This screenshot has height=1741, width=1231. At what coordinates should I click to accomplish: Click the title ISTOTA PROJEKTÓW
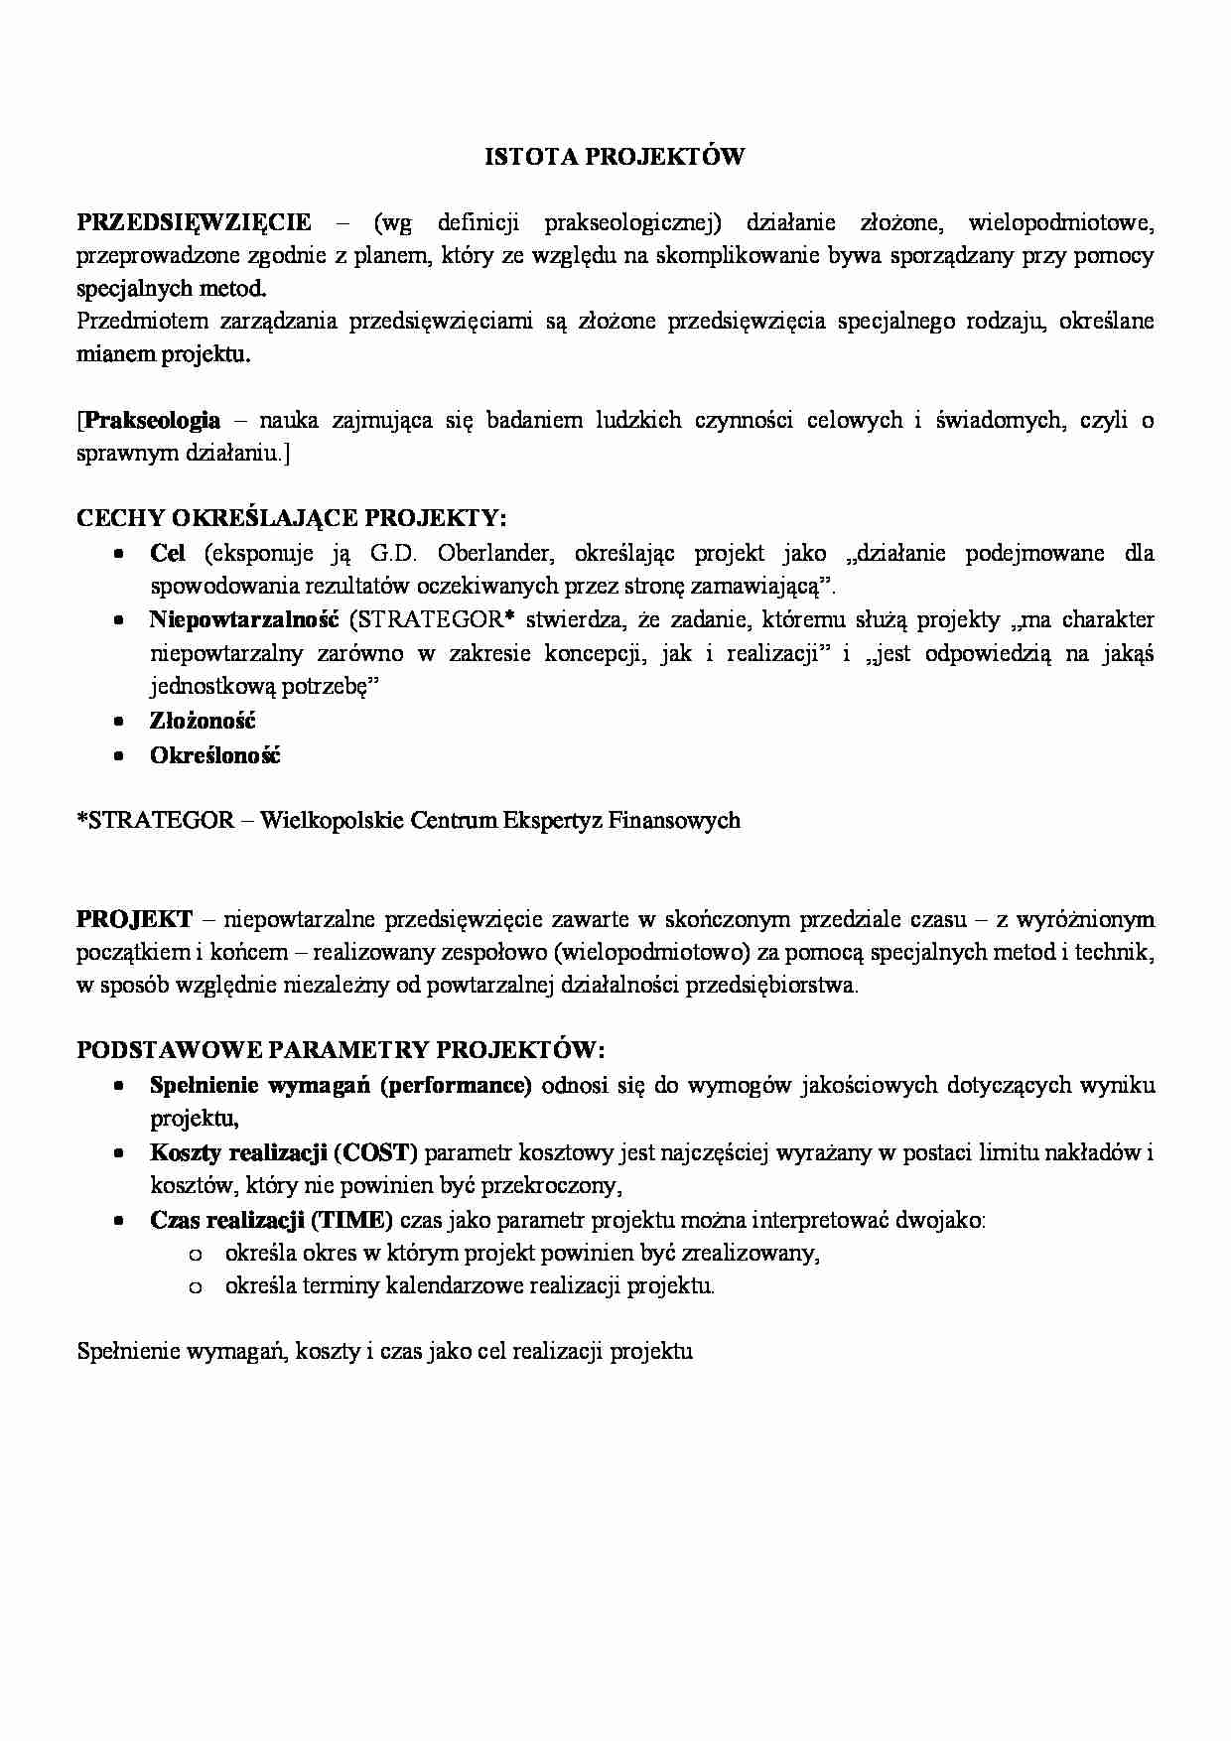[x=615, y=156]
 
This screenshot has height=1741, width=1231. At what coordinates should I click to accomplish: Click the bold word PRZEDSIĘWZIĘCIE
[x=194, y=222]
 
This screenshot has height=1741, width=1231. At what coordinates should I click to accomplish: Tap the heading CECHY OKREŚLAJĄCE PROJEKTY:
[x=292, y=518]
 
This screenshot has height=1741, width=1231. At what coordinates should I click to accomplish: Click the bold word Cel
[x=168, y=553]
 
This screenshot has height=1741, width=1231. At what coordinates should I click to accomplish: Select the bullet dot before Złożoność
[x=119, y=722]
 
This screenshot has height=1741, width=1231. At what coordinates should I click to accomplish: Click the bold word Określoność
[x=214, y=755]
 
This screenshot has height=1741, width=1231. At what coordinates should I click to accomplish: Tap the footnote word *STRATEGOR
[x=156, y=821]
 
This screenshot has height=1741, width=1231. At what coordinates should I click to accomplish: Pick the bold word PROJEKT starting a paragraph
[x=135, y=919]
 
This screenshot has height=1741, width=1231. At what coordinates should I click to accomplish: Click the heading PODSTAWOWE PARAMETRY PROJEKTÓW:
[x=341, y=1050]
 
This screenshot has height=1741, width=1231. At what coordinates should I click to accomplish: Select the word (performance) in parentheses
[x=456, y=1085]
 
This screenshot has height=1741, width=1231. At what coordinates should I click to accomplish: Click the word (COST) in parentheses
[x=376, y=1152]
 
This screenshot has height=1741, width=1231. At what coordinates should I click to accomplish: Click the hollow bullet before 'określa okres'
[x=195, y=1255]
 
